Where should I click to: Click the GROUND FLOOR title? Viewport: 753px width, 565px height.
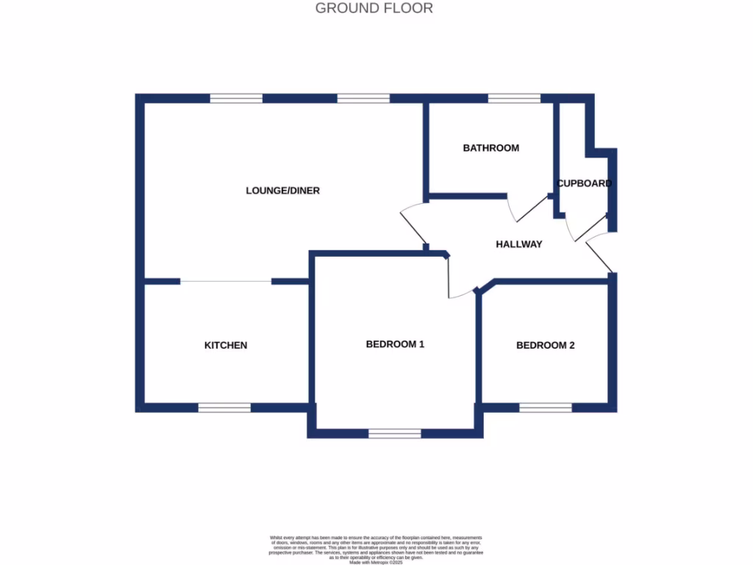click(374, 9)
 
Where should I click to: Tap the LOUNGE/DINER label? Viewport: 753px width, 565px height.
click(282, 191)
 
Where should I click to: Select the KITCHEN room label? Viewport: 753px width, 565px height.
click(226, 345)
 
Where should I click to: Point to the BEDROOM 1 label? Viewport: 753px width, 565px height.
click(396, 344)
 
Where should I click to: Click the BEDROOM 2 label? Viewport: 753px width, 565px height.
click(546, 345)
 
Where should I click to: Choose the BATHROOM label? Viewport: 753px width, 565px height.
click(490, 148)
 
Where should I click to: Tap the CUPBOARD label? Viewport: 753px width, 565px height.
click(584, 183)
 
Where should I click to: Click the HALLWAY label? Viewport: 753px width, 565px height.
click(518, 244)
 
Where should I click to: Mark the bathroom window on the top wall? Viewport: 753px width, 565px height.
click(513, 98)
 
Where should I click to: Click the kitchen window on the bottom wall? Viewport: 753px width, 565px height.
click(224, 408)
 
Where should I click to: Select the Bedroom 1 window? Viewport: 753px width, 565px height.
click(395, 433)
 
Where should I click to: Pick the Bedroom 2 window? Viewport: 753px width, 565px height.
click(545, 408)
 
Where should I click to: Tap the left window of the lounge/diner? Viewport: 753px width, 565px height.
click(236, 98)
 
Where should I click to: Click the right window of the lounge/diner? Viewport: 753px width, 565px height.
click(363, 98)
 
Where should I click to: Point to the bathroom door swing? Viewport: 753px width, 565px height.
click(523, 209)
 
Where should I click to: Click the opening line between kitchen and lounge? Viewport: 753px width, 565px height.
click(226, 281)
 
